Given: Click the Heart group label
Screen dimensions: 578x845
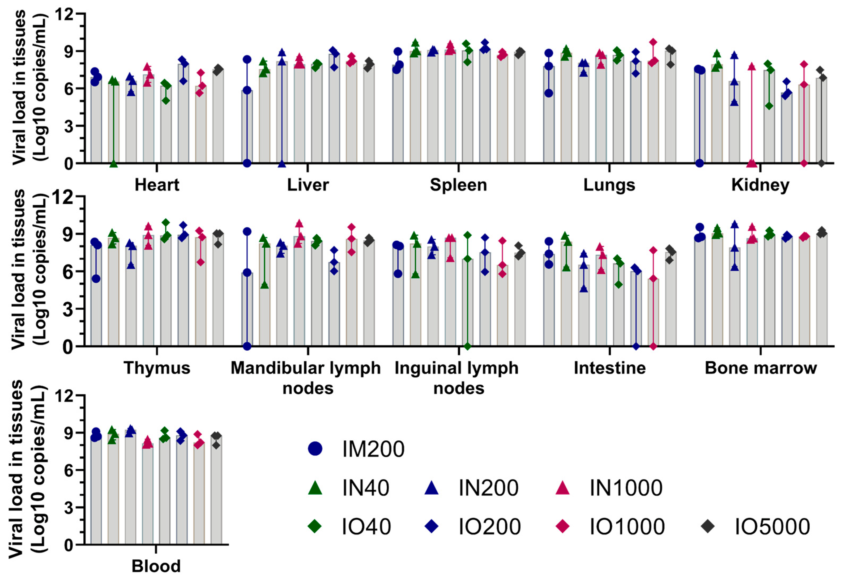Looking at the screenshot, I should coord(157,185).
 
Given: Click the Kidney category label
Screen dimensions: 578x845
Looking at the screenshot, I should coord(760,185).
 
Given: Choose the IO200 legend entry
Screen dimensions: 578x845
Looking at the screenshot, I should coord(489,526).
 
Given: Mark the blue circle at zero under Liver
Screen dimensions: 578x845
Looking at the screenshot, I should coord(247,163).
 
